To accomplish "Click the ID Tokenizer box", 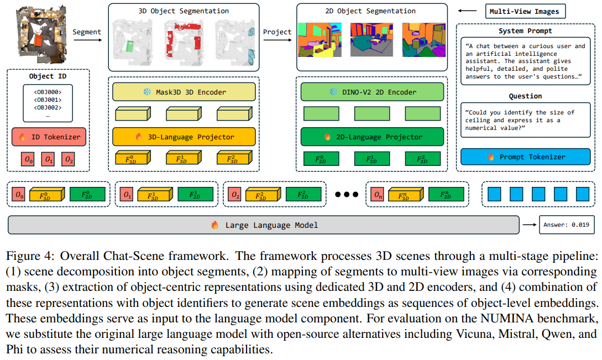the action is coord(49,137).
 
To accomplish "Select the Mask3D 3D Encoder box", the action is coord(184,92).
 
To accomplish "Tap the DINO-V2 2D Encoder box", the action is coord(372,92).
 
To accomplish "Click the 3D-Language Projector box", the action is coord(184,137).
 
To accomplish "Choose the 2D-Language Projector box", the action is coord(372,137).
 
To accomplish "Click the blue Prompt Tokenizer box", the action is coord(525,156).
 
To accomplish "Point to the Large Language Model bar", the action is coord(263,225).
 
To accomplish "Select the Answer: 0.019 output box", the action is coord(566,225).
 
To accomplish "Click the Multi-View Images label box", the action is coord(525,11).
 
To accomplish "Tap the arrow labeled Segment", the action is coord(87,40).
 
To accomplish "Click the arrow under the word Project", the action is coord(277,40).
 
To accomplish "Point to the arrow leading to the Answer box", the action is coord(530,225).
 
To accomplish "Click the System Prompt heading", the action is coord(525,31).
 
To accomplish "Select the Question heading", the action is coord(525,96).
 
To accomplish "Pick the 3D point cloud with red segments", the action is coord(184,40).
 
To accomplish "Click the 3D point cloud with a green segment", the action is coord(133,40).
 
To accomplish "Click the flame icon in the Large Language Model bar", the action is coord(215,225).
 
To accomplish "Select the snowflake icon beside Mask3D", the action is coord(147,92).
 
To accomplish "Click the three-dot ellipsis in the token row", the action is coord(346,195).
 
